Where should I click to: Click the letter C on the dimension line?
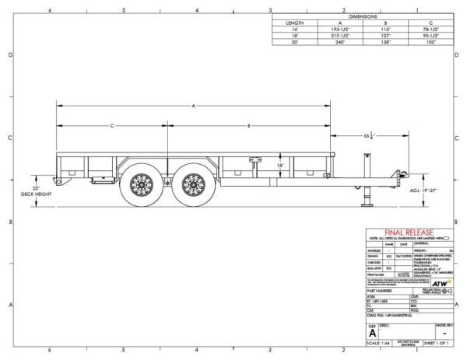pyautogui.click(x=111, y=124)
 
